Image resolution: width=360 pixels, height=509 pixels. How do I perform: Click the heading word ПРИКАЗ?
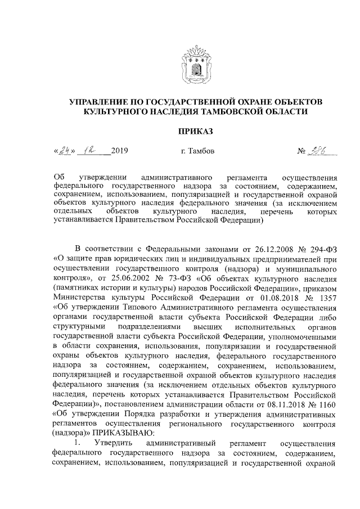tap(195, 132)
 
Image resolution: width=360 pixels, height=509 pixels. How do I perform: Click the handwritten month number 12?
tap(89, 151)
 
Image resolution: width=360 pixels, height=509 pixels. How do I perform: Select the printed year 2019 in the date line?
tap(119, 152)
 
